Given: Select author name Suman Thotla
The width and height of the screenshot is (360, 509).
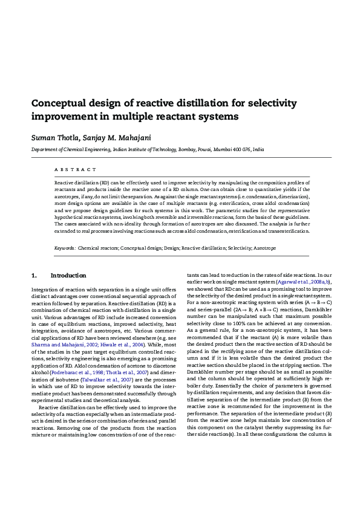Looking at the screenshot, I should tap(51, 137).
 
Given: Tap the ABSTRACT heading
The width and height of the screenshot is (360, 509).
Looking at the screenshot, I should tap(75, 170).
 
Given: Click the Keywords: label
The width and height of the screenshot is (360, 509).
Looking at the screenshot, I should tap(65, 248).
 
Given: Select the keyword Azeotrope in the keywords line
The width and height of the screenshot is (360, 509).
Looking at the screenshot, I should tap(264, 248).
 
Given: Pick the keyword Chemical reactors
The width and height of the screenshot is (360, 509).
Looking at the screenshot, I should tap(98, 248).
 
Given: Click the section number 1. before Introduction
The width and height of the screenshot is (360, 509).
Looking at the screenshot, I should tap(34, 276).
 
